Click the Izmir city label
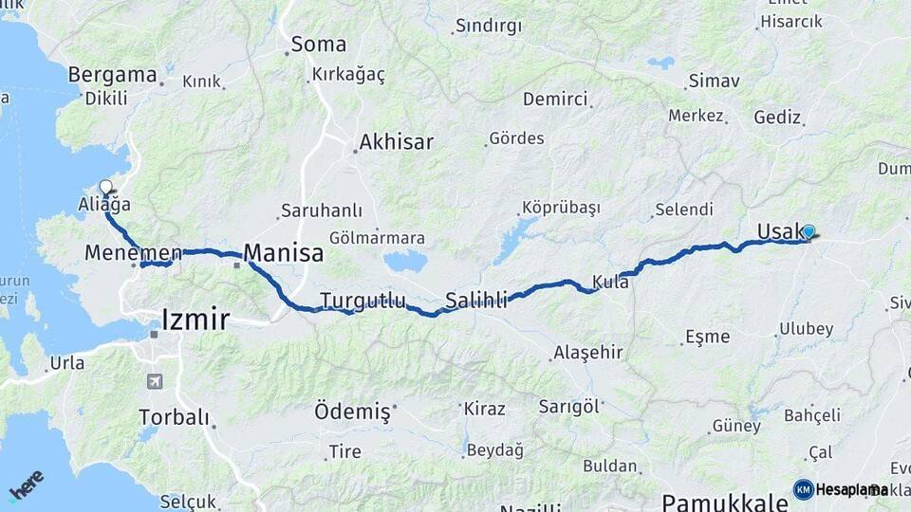195,320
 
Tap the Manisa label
284,253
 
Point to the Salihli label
476,299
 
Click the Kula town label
610,282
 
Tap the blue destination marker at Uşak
809,231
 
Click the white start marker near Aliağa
105,187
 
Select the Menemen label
133,253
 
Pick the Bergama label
112,75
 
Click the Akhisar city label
396,143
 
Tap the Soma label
319,45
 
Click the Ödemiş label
352,411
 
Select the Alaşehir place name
587,353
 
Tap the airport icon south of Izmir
154,381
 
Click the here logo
26,485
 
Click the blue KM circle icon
804,489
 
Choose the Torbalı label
174,417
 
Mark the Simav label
714,81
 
